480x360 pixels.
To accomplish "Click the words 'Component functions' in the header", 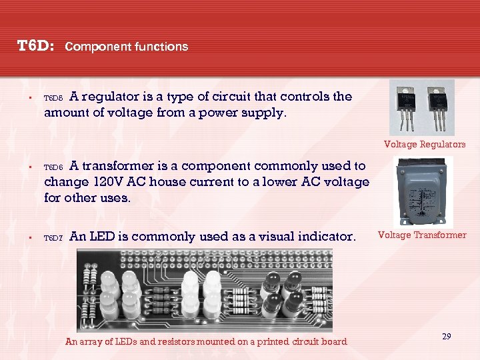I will (x=127, y=47).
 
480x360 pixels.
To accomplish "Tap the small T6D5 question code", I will (x=53, y=98).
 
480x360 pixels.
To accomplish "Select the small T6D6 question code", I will (x=53, y=167).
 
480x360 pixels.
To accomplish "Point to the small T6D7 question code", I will (x=53, y=237).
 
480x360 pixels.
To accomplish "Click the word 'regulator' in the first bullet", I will (x=111, y=97).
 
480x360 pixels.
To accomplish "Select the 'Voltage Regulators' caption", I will (x=425, y=144).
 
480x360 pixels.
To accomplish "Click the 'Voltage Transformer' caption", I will (x=422, y=235).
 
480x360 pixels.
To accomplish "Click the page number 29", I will (x=446, y=337).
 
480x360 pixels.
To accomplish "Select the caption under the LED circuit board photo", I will (x=206, y=341).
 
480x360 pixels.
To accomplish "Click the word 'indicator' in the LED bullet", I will (x=325, y=236).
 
